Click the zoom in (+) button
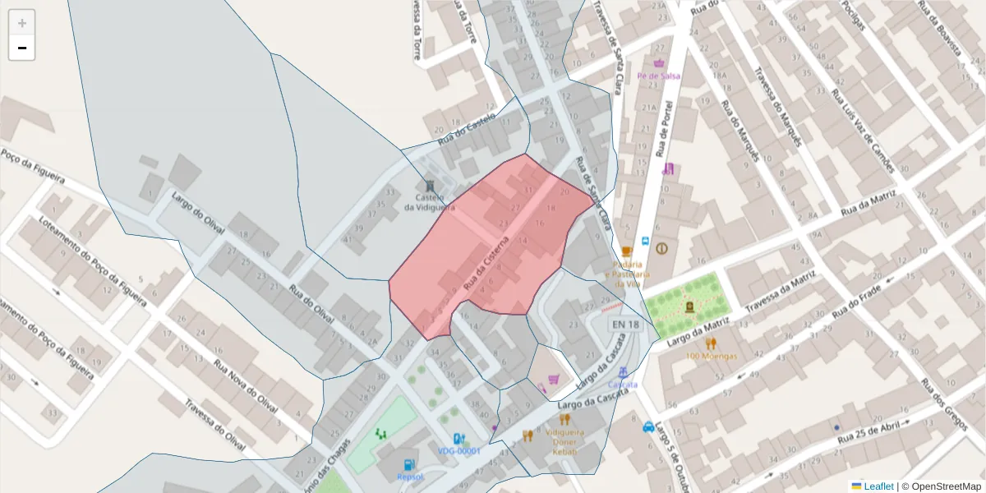click(22, 23)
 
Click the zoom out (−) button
click(22, 48)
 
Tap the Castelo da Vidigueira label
click(429, 203)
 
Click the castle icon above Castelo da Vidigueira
click(430, 186)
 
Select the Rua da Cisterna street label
click(487, 263)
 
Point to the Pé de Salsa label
click(659, 76)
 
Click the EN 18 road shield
click(624, 325)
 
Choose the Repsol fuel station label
click(409, 477)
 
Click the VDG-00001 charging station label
click(458, 451)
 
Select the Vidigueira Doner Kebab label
click(564, 441)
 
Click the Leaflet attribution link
click(878, 486)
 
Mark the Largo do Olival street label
click(198, 212)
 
